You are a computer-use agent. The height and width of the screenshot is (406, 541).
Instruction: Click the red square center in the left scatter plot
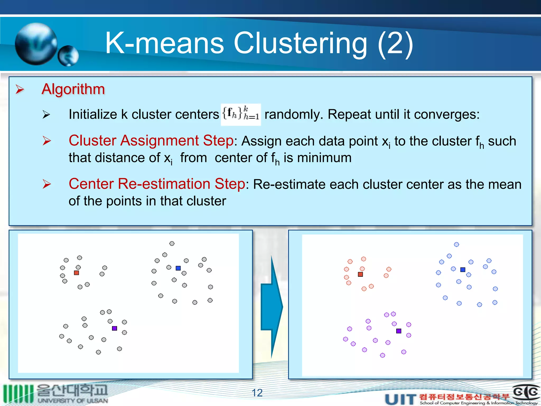click(x=76, y=273)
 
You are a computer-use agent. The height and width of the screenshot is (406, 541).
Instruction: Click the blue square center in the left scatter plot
click(x=178, y=268)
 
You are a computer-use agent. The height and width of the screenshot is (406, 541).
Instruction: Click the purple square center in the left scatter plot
click(x=114, y=328)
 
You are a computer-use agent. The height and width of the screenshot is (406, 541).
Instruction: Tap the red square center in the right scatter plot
click(x=360, y=274)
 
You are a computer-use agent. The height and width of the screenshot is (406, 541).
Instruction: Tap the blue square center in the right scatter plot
click(x=463, y=270)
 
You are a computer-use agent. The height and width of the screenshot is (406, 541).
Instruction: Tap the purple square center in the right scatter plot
click(x=399, y=331)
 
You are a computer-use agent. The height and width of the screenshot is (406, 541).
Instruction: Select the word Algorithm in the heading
click(x=73, y=89)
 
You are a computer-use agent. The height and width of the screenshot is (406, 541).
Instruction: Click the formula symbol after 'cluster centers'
click(x=241, y=114)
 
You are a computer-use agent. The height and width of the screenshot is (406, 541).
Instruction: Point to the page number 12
click(x=257, y=393)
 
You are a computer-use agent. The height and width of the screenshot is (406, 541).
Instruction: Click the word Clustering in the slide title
click(x=300, y=43)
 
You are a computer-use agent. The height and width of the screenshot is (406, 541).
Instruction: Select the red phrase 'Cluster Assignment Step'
click(x=151, y=140)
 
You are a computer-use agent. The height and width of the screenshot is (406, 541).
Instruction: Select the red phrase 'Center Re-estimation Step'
click(x=157, y=184)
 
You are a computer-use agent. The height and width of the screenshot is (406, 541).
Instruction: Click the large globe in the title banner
click(x=36, y=44)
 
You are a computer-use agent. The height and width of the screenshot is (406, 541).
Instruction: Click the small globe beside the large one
click(x=68, y=56)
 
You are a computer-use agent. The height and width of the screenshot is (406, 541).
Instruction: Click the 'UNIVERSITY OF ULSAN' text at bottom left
click(x=73, y=401)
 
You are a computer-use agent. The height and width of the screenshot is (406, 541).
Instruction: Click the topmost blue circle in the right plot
click(x=456, y=244)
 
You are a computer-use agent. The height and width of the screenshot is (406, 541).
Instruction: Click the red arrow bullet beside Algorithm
click(x=20, y=89)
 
